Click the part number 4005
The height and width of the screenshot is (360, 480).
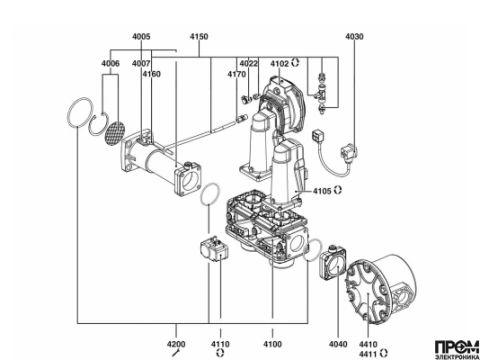click(141, 36)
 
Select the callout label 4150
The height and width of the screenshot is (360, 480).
click(199, 36)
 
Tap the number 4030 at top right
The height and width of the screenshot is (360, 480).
click(354, 36)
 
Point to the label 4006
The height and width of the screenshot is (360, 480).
click(110, 63)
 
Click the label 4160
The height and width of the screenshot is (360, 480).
click(152, 74)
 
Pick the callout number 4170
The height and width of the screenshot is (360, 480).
click(237, 74)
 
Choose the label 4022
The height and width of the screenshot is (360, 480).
click(249, 63)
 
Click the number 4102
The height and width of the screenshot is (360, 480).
click(279, 63)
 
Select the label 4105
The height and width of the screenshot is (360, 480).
click(322, 191)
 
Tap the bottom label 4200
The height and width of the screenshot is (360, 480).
click(176, 344)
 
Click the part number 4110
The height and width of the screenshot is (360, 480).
click(220, 344)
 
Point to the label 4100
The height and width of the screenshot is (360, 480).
click(272, 344)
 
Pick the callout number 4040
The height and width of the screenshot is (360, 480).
click(338, 344)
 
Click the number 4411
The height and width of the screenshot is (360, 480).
click(368, 354)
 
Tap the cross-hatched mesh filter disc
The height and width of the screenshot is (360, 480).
click(115, 132)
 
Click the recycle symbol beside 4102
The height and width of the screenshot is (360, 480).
click(295, 62)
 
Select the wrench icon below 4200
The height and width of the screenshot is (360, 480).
click(176, 353)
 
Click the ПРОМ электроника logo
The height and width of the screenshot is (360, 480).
click(457, 350)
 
